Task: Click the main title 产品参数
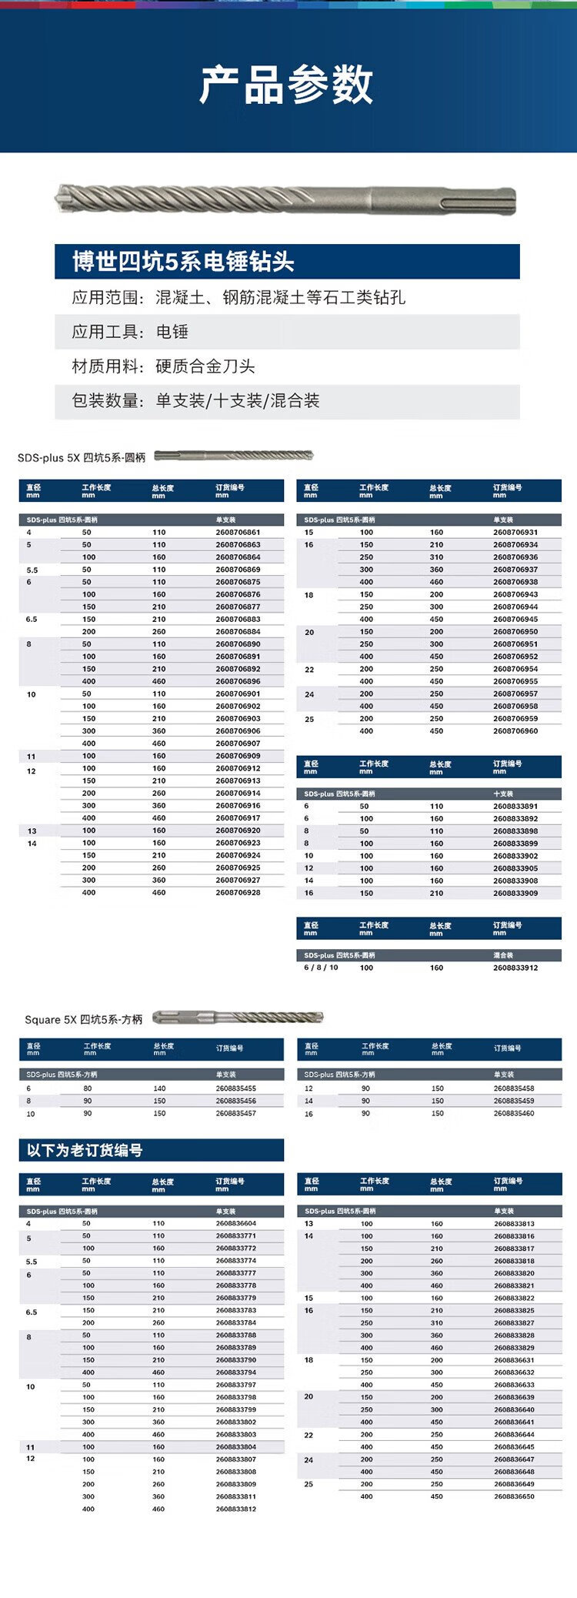point(286,85)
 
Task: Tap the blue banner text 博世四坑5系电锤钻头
point(183,262)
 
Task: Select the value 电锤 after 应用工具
point(172,332)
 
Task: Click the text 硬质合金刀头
point(205,366)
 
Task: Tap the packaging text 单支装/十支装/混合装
point(237,400)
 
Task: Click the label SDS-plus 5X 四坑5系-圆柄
point(82,457)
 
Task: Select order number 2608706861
point(238,533)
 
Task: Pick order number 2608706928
point(238,893)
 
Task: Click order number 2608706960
point(515,731)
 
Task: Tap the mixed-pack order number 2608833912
point(515,968)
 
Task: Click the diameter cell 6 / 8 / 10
point(321,968)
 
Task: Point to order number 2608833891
point(515,807)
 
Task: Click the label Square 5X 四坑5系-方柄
point(84,1020)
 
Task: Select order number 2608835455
point(236,1088)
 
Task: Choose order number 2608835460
point(514,1113)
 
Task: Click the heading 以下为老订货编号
point(85,1150)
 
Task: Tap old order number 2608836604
point(236,1223)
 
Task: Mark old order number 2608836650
point(514,1496)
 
